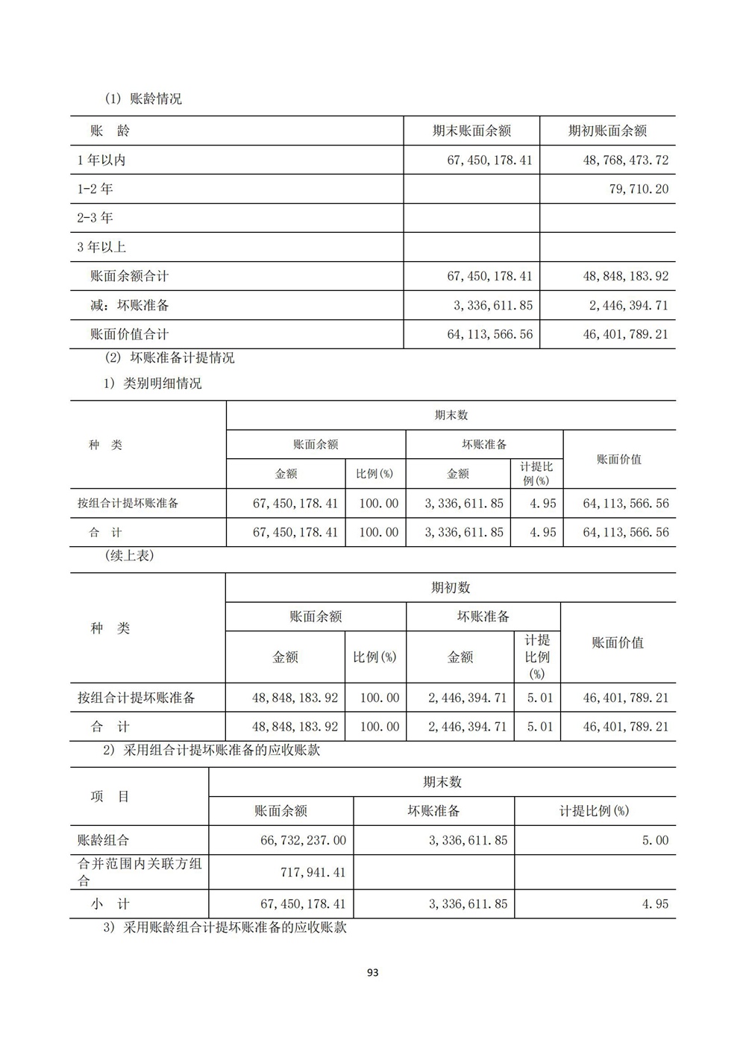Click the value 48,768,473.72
click(x=625, y=160)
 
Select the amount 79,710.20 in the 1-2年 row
click(x=639, y=190)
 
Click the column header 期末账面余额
click(x=471, y=131)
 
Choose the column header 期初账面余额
click(x=607, y=131)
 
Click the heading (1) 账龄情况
click(x=142, y=98)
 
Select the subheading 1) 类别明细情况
click(x=152, y=384)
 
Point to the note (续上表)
click(x=130, y=556)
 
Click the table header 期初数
click(x=451, y=588)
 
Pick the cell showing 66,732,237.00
click(x=303, y=840)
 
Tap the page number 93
click(x=373, y=973)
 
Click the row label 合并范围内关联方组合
click(x=139, y=871)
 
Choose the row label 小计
click(x=110, y=904)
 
